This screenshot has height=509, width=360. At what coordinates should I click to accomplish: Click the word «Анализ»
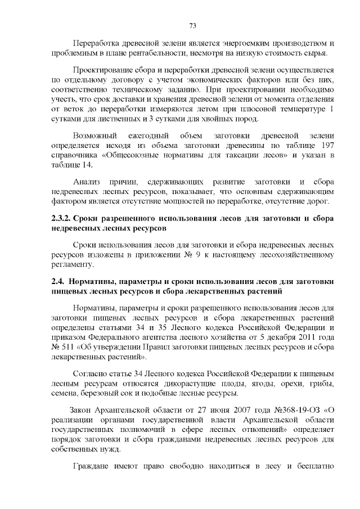87,183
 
